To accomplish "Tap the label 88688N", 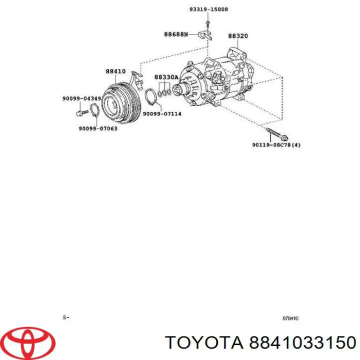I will coord(176,34).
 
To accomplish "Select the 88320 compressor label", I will coord(238,36).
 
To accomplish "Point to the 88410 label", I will coord(115,71).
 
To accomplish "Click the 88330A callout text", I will coord(166,77).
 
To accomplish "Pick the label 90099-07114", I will coord(162,113).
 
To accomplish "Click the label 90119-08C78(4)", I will coord(276,145).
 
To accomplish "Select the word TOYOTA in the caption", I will coord(202,342).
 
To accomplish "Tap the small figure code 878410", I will coord(290,318).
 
